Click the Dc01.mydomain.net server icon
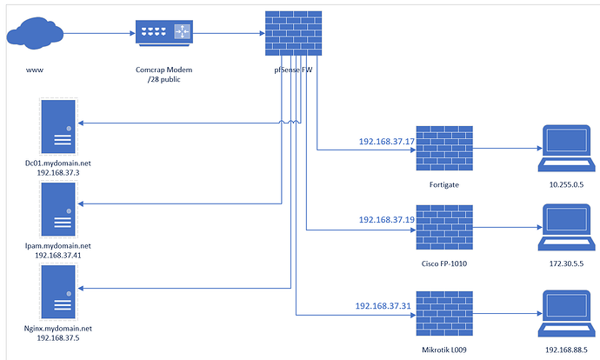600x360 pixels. [x=58, y=128]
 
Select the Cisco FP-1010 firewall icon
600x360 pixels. [x=444, y=230]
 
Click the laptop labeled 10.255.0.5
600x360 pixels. [x=567, y=148]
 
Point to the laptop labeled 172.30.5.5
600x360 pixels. [x=567, y=228]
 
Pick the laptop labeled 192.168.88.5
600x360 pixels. [x=567, y=311]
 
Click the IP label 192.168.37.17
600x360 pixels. [x=385, y=141]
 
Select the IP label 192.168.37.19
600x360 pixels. [x=385, y=221]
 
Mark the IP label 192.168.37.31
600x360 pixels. [x=383, y=305]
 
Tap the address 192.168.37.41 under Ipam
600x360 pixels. [x=58, y=256]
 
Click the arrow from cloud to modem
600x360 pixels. [x=97, y=33]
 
